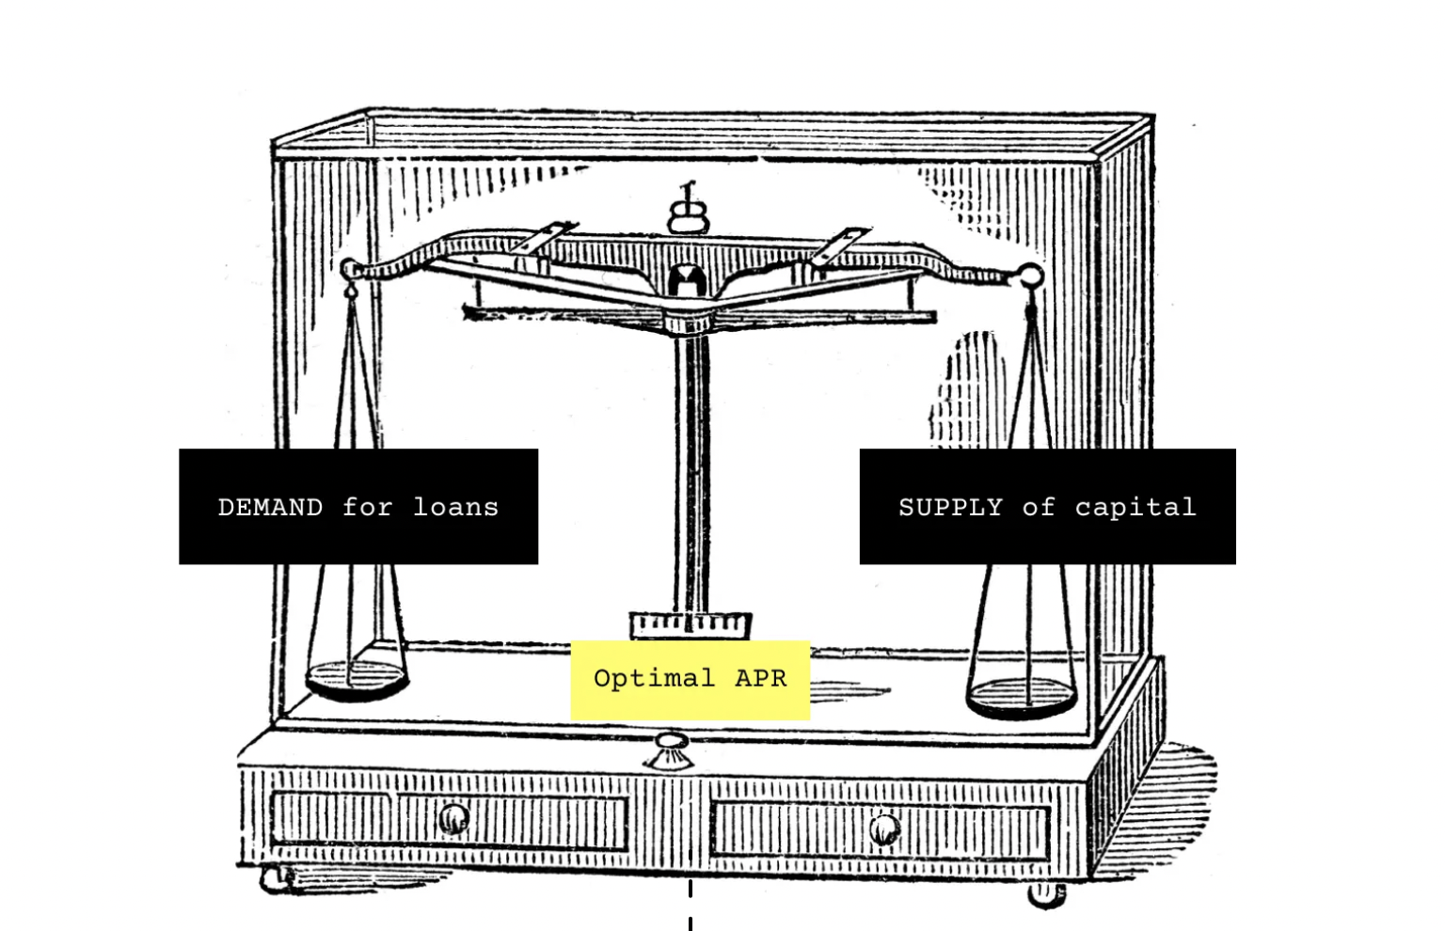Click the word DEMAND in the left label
point(270,508)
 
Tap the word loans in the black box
point(456,508)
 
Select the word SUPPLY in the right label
point(950,508)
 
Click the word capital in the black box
point(1135,508)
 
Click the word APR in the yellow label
point(761,679)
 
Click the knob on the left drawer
point(453,819)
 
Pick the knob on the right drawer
point(883,829)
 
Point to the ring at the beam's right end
point(1031,276)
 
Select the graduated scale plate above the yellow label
point(691,623)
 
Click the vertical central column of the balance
point(692,470)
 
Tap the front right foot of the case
point(1046,895)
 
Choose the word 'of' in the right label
point(1039,508)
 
